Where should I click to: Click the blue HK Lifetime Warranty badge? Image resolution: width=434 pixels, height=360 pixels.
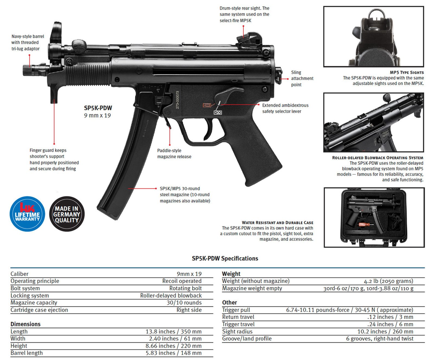(x=27, y=214)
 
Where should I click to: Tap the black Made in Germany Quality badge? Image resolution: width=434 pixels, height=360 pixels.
(x=67, y=214)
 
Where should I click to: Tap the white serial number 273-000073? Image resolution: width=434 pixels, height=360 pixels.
(x=177, y=100)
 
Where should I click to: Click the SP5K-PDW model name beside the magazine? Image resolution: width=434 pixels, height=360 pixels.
(x=98, y=108)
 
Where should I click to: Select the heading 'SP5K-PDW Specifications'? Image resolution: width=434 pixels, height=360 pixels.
(x=225, y=258)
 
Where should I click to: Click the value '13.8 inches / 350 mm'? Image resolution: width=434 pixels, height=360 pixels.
(x=173, y=331)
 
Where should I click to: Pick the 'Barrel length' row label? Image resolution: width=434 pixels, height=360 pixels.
(x=27, y=353)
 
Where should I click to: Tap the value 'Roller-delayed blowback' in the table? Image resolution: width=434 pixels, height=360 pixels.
(x=171, y=295)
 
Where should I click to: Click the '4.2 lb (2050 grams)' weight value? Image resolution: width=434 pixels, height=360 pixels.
(x=388, y=281)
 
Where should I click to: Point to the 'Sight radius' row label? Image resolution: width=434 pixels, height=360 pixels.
(x=237, y=331)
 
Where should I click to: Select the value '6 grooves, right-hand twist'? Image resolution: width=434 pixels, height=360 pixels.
(x=379, y=339)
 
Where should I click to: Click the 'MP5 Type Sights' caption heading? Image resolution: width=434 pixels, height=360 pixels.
(x=407, y=72)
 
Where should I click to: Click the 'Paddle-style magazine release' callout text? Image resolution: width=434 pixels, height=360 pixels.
(x=174, y=154)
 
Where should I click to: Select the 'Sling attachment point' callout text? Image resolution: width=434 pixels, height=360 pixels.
(x=302, y=78)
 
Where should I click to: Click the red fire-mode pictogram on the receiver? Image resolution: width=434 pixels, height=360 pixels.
(x=207, y=105)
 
